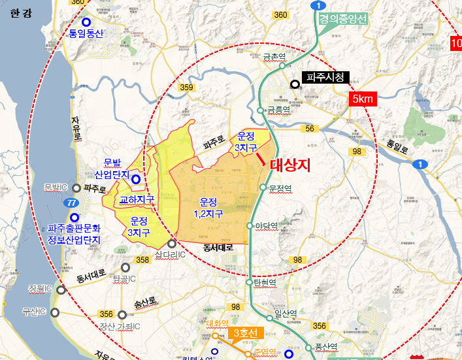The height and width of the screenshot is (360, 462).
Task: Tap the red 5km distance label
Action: click(362, 99)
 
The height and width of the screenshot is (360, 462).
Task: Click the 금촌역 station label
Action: click(274, 57)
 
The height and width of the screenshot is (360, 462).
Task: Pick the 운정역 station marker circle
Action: click(263, 188)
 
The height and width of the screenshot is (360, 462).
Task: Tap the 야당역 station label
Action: click(265, 226)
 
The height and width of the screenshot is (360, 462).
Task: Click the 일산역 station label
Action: click(286, 313)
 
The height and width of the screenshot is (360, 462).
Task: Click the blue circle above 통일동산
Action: click(86, 22)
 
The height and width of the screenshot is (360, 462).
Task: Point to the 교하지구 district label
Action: click(137, 199)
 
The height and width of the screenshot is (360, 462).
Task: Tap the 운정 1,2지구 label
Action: click(208, 207)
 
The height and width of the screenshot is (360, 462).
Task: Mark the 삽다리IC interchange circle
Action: click(172, 243)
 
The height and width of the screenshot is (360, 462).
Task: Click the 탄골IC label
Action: click(124, 279)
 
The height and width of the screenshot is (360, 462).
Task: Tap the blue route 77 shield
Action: click(69, 203)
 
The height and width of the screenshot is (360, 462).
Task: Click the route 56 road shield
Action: click(310, 129)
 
